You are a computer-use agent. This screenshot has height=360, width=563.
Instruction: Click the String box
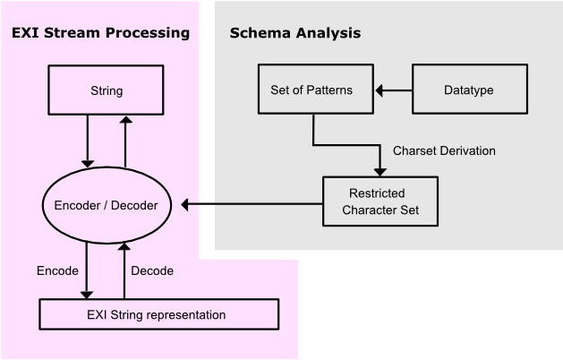pos(107,91)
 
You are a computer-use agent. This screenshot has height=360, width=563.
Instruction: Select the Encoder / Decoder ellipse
pos(107,205)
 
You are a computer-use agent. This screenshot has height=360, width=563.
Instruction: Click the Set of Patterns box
pos(311,90)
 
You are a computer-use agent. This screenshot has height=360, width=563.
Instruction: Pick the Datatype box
pos(468,90)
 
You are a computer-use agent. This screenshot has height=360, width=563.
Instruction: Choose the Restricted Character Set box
pos(380,201)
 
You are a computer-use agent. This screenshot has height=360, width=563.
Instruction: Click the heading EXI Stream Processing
pos(100,33)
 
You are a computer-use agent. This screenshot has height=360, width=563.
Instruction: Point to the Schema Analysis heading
pos(295,33)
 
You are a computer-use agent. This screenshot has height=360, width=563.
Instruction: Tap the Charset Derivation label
pos(444,150)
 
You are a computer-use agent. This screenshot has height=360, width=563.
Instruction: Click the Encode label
pos(57,270)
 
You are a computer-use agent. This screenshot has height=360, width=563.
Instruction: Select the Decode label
pos(152,270)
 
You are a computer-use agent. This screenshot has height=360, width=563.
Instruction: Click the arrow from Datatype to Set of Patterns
pos(393,90)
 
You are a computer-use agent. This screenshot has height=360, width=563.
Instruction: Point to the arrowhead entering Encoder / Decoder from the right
pos(186,205)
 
